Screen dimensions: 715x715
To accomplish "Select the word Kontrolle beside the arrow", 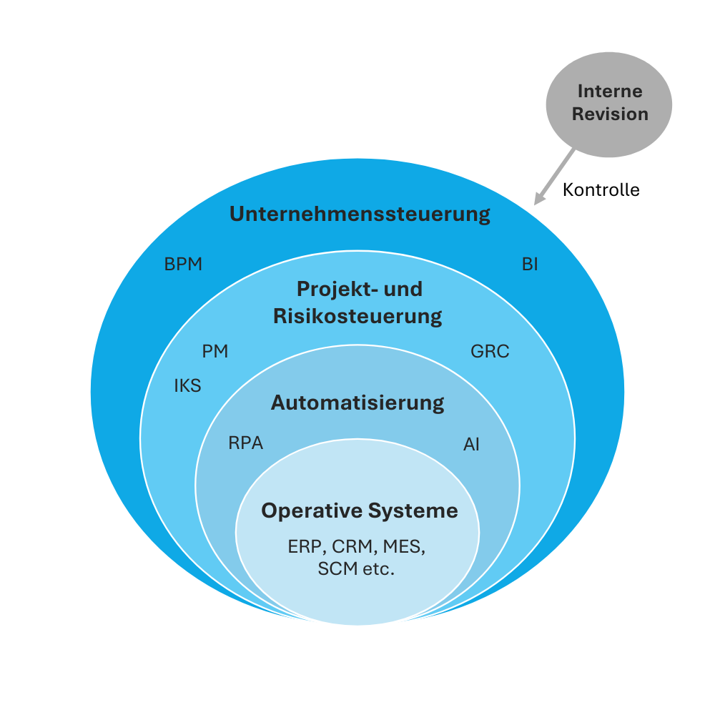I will click(601, 190).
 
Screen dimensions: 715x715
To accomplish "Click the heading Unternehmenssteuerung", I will click(360, 214).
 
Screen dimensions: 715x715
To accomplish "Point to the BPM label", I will click(184, 265).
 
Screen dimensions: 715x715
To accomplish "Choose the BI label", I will click(530, 265).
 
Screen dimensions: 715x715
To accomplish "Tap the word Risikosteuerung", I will click(357, 316).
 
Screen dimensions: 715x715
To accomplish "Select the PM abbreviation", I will click(215, 352).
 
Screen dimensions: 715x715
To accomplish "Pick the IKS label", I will click(188, 386).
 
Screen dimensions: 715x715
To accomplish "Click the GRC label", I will click(490, 352).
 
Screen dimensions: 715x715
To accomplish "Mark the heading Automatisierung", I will click(357, 403).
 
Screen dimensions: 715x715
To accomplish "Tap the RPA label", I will click(246, 443).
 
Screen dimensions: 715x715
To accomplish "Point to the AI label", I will click(471, 445).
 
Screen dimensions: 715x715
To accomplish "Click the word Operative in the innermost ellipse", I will click(312, 511).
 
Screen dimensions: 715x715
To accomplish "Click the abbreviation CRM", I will click(352, 547).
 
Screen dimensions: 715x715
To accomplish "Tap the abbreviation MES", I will click(403, 547).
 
